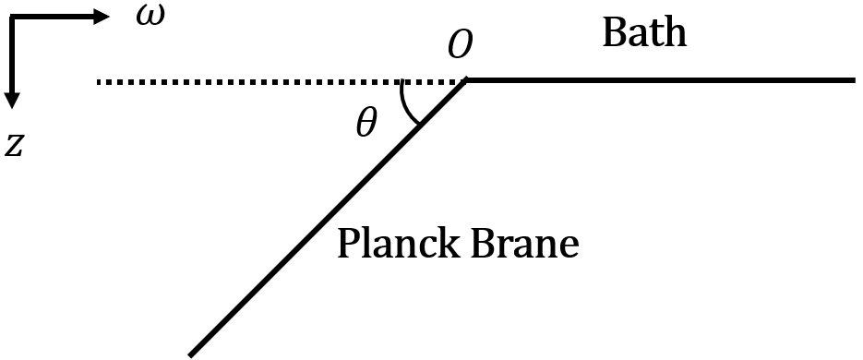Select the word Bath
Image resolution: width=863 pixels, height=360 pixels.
644,32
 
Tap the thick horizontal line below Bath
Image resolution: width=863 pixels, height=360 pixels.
665,80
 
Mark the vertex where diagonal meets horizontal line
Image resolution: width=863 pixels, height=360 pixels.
467,81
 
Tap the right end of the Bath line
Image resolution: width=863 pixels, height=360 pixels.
853,80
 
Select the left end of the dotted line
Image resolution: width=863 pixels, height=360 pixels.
99,82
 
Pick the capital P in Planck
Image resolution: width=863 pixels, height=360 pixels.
348,244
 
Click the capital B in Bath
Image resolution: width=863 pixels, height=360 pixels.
614,32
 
